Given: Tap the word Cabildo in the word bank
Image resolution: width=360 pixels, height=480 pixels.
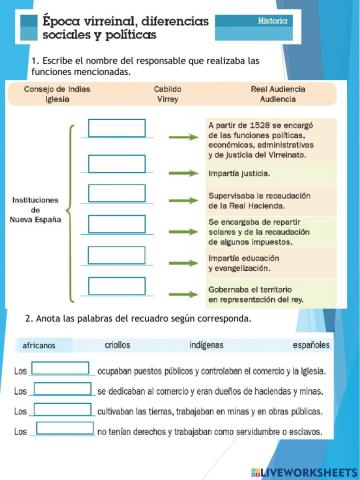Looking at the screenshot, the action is tap(167, 88).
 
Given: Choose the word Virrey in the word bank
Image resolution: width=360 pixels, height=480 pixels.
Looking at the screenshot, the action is tap(167, 100).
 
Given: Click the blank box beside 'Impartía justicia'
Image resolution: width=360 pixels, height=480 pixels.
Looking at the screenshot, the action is tap(117, 163).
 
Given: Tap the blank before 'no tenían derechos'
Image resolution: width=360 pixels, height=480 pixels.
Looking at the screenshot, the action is tap(61, 429).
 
